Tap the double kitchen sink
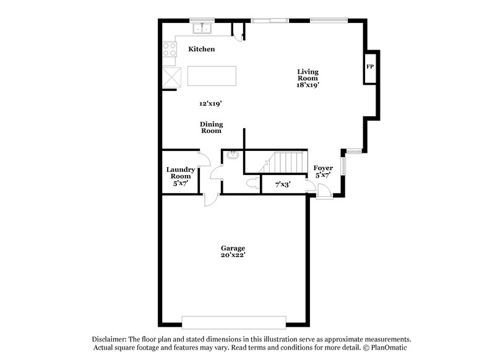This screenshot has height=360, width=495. click(202, 28)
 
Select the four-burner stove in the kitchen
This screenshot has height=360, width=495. click(169, 49)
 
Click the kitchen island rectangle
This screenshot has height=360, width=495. click(212, 76)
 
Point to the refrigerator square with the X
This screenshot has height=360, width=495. click(171, 77)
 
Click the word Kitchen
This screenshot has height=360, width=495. click(202, 49)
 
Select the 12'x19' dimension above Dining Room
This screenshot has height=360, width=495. click(210, 103)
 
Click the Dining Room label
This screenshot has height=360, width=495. click(211, 127)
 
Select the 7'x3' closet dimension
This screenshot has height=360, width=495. click(283, 184)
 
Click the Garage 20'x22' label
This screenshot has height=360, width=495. click(234, 251)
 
